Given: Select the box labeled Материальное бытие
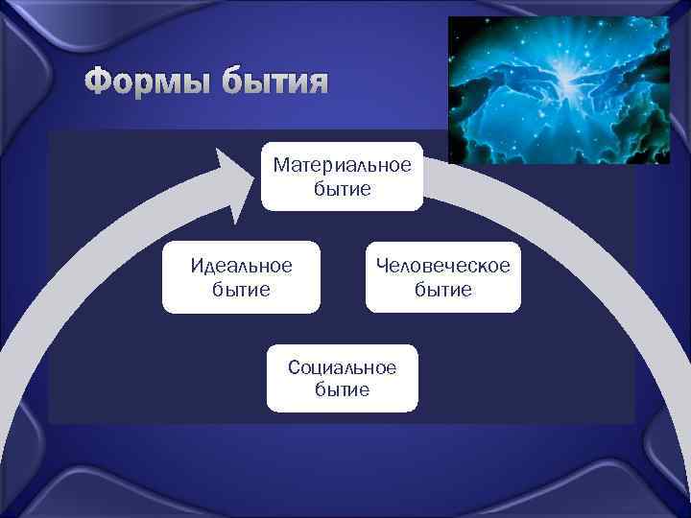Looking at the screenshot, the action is click(342, 176).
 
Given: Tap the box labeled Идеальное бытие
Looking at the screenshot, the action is click(240, 276).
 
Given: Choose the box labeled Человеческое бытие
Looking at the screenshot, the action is click(443, 276).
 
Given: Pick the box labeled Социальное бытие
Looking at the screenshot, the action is click(342, 378).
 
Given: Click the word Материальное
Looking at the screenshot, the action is click(342, 166).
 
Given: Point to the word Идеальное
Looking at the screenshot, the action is click(240, 266).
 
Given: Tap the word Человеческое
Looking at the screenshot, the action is click(443, 266).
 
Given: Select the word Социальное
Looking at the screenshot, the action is click(342, 367).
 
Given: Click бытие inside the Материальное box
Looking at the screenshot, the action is click(342, 189).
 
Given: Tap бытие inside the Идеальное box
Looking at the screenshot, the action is click(240, 289).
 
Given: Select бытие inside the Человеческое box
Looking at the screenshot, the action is click(443, 289).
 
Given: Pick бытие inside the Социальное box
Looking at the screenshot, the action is click(342, 389).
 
